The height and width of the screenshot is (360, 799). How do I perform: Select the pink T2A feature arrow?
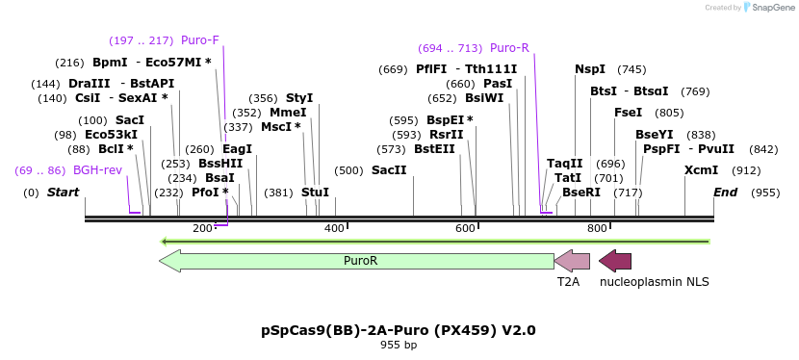[572, 261]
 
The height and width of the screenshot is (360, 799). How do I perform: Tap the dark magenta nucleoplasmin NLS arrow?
[615, 261]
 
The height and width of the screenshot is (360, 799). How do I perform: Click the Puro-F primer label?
[199, 40]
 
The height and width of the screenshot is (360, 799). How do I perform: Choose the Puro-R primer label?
[509, 48]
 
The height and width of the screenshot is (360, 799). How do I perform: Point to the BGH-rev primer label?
[97, 170]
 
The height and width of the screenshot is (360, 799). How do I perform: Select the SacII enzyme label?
[389, 170]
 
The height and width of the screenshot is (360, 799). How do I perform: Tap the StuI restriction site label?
[315, 193]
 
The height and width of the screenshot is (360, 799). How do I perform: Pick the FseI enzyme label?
[628, 113]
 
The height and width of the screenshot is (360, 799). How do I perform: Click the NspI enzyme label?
[590, 69]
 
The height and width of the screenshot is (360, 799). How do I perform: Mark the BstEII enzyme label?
[434, 149]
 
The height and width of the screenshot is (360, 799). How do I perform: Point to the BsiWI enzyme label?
[484, 98]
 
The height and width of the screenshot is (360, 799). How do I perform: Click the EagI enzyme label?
[237, 149]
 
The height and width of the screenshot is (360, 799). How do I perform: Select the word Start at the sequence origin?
[63, 193]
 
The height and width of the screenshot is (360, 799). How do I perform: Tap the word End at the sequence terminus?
[725, 193]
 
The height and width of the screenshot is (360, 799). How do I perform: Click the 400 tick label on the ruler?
[334, 228]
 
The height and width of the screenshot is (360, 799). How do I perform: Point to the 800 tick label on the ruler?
[597, 228]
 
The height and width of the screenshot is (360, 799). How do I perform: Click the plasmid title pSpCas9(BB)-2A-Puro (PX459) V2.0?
[399, 330]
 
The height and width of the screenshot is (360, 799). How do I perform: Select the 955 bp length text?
[399, 345]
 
